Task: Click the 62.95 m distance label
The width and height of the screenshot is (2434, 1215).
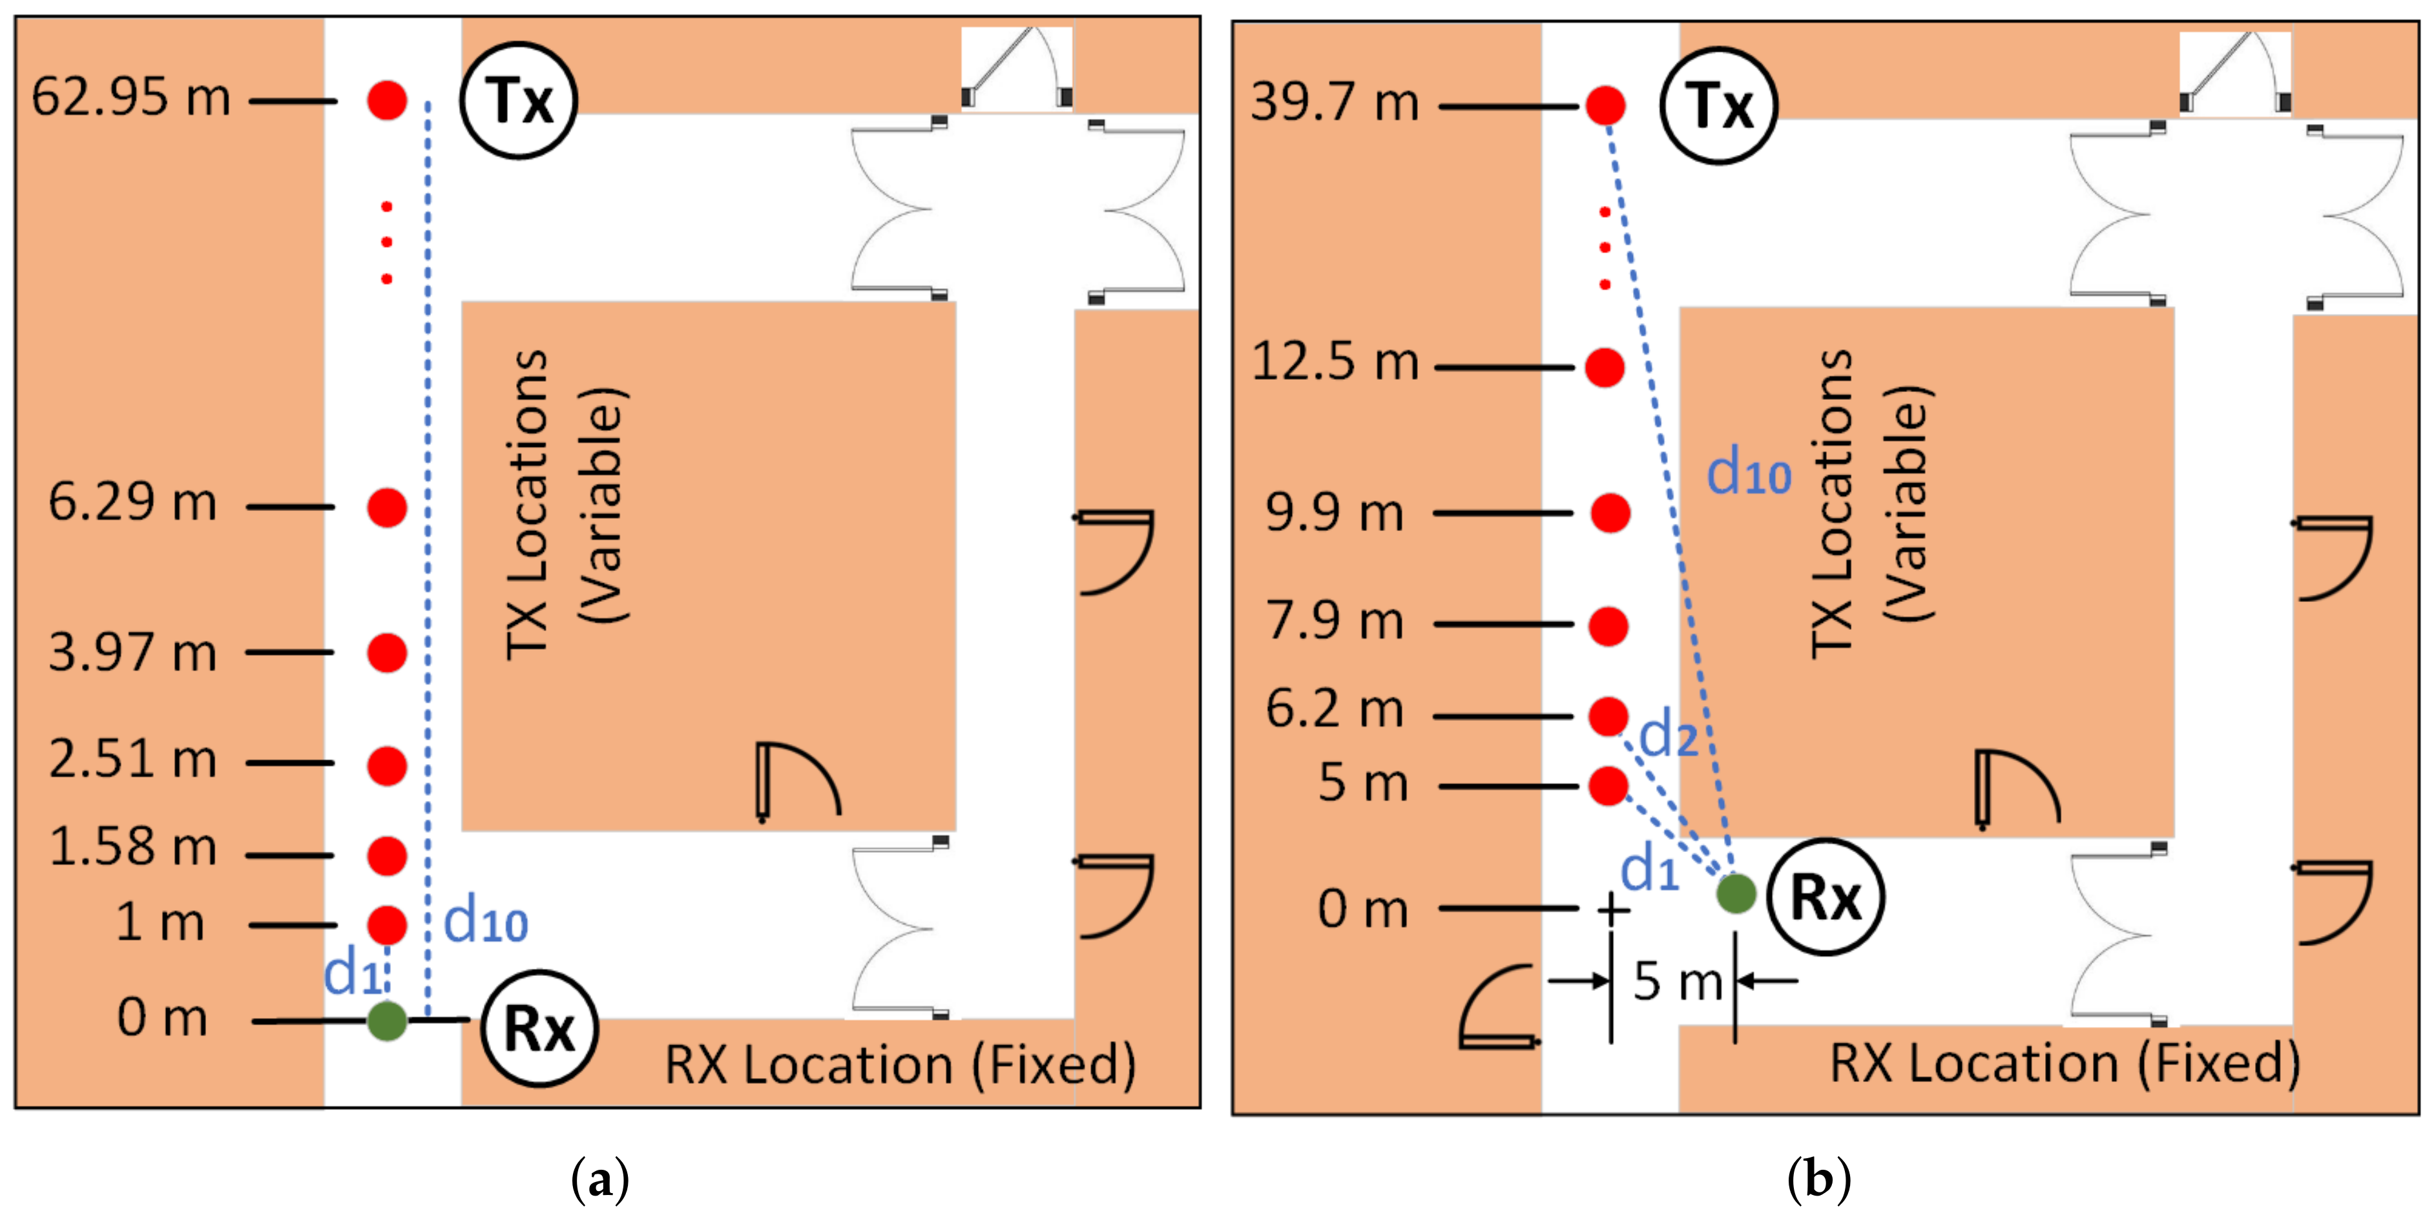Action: pos(131,98)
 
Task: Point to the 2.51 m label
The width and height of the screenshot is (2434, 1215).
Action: pos(133,760)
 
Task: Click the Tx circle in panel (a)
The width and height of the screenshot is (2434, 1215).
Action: pos(519,100)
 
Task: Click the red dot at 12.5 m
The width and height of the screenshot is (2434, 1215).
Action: pos(1605,368)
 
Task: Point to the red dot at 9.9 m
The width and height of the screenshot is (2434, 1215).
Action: pos(1610,513)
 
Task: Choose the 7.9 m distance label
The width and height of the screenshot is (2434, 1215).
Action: pos(1335,621)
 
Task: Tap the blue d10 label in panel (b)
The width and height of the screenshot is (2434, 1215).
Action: pos(1749,472)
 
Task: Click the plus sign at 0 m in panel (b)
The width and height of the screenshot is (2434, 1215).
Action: pos(1613,909)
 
